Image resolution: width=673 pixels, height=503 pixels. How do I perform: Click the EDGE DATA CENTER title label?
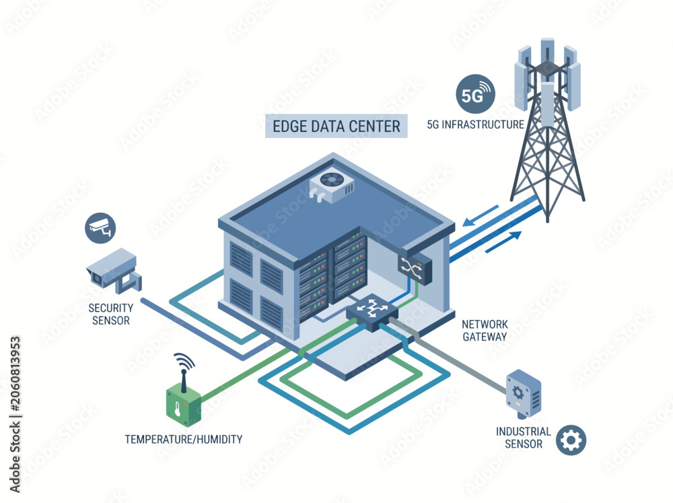[x=336, y=127]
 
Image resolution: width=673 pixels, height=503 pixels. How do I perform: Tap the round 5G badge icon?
[x=475, y=94]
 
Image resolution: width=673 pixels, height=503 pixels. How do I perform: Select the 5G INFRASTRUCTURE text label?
[x=476, y=125]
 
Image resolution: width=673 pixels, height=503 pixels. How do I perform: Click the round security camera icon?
[x=100, y=228]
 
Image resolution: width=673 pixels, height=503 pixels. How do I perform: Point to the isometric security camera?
[x=114, y=271]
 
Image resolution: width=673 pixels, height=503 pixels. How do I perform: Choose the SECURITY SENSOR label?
[x=111, y=314]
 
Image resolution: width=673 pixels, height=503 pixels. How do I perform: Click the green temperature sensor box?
[x=183, y=405]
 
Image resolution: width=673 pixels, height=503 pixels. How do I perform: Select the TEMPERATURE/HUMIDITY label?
[x=184, y=440]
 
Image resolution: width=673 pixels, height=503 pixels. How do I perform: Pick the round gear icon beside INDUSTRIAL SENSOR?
[x=571, y=440]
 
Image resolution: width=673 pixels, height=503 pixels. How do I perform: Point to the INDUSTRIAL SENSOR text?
[x=523, y=437]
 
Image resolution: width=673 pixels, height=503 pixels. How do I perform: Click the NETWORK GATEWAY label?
[x=485, y=331]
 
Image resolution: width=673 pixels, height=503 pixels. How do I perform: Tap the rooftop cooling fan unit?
[x=332, y=187]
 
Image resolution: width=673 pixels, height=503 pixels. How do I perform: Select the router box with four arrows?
[x=372, y=312]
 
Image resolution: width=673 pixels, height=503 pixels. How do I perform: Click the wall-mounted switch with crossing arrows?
[x=415, y=268]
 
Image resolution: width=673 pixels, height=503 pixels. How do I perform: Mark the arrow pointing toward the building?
[x=481, y=216]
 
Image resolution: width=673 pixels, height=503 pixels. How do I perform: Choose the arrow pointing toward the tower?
[x=503, y=242]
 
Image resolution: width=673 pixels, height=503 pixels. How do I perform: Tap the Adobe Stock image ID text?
[x=15, y=415]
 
